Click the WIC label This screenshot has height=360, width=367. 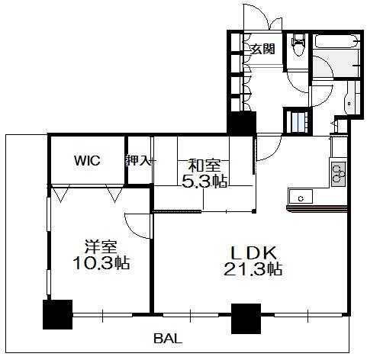(87, 160)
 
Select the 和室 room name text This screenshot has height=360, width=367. (204, 166)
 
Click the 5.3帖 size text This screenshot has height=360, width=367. (204, 182)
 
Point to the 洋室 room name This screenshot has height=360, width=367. (101, 246)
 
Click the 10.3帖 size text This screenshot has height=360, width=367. (101, 262)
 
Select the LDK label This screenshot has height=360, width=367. (253, 252)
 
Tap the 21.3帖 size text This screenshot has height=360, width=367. (253, 268)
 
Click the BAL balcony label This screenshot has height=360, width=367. (168, 339)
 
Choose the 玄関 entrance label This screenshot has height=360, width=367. (263, 49)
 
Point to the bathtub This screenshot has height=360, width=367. (336, 41)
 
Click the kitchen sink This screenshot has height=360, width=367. (301, 196)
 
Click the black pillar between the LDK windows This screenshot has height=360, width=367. (246, 319)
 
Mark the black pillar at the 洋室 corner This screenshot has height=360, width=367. (58, 314)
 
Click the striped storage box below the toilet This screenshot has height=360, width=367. (298, 121)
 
